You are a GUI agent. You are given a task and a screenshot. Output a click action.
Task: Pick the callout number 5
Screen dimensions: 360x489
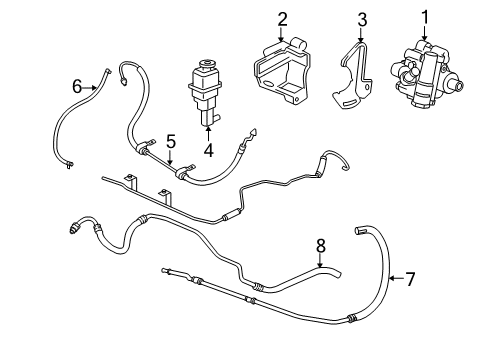click(x=170, y=141)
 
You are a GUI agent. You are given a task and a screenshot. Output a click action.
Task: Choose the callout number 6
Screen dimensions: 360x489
click(x=76, y=87)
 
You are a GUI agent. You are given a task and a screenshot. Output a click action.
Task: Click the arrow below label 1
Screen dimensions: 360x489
click(x=423, y=34)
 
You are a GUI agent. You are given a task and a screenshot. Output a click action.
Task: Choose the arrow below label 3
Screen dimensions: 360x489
click(x=362, y=36)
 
